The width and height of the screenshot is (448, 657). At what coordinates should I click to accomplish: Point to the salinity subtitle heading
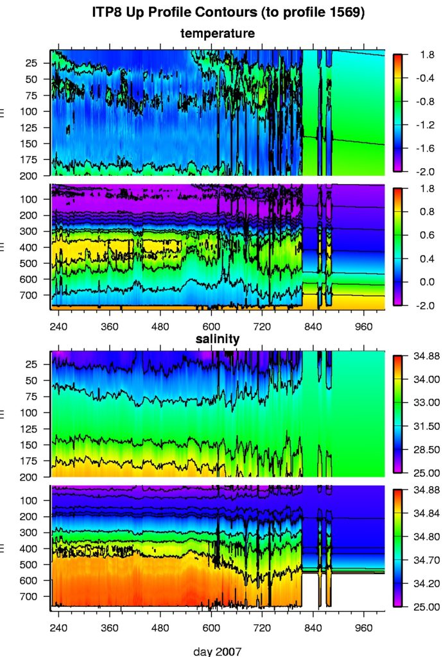tap(218, 339)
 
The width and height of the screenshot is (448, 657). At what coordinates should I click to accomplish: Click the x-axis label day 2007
tap(218, 651)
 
